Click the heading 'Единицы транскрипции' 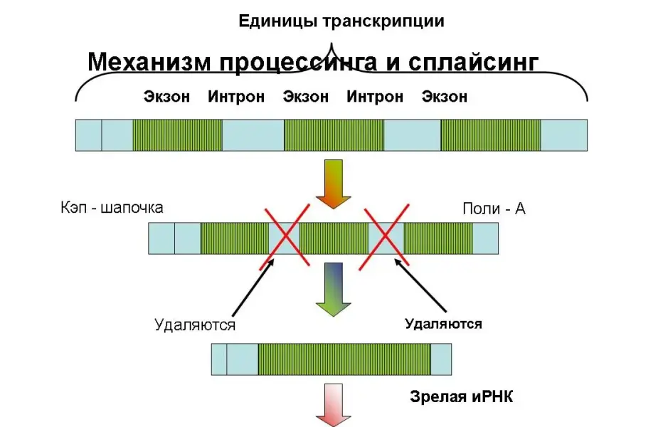coord(341,21)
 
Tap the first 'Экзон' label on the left coord(166,97)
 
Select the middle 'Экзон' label coord(306,97)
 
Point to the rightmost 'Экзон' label coord(445,97)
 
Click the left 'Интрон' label coord(236,97)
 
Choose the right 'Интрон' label coord(375,97)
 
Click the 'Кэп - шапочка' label coord(112,208)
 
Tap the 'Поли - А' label coord(494,209)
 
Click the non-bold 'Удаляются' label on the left coord(195,325)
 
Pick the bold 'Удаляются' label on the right coord(443,324)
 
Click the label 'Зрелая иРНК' coord(461,396)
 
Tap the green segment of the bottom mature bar coord(344,359)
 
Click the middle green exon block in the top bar coord(334,135)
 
